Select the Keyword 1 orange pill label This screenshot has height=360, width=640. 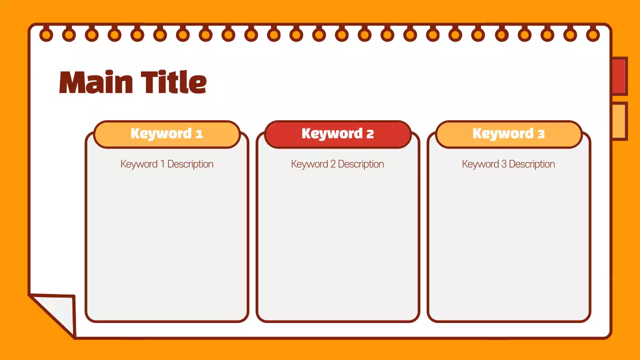point(166,134)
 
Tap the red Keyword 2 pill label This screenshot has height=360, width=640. point(337,134)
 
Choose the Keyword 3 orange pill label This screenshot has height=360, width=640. point(508,134)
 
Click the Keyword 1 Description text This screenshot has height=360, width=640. point(166,164)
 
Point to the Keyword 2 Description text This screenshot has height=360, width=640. point(337,164)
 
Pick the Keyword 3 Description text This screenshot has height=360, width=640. point(508,164)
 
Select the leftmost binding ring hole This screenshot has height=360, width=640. point(46,35)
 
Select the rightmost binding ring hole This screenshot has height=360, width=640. point(593,35)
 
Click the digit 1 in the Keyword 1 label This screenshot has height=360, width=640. point(199,134)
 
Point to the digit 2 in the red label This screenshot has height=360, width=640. point(370,134)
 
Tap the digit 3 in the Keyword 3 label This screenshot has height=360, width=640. point(541,134)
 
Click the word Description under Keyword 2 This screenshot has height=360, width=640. point(360,164)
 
